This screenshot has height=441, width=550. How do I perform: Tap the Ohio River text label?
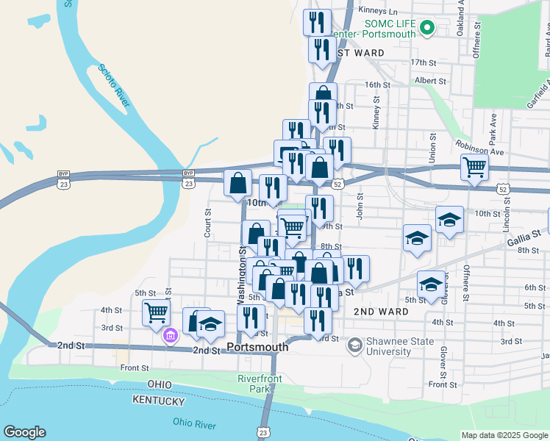click(195, 423)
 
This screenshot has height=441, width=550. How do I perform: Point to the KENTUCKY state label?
click(158, 401)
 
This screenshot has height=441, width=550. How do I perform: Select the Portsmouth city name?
click(257, 347)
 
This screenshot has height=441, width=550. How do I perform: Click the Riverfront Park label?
click(255, 383)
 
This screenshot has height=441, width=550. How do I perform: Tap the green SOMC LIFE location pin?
click(426, 29)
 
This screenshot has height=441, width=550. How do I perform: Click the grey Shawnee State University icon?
click(354, 344)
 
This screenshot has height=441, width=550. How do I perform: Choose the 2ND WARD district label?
click(381, 312)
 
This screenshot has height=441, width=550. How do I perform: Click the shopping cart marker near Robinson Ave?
click(475, 167)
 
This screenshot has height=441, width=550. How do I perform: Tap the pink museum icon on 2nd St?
click(171, 336)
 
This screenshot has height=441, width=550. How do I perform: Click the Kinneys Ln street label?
click(377, 11)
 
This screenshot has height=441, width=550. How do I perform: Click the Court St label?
click(208, 223)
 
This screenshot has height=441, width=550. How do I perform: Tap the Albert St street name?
click(430, 81)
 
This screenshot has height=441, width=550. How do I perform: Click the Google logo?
click(24, 432)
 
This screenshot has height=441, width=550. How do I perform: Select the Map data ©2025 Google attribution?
click(504, 435)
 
